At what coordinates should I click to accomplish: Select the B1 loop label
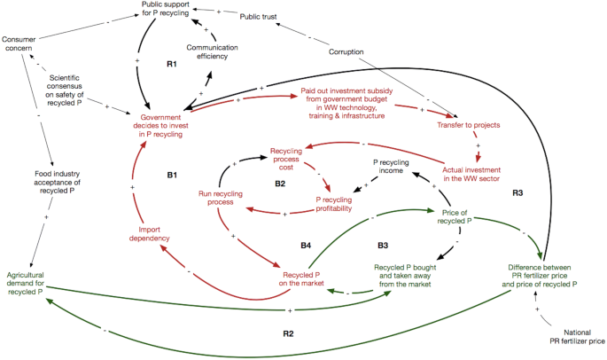pos(173,176)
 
